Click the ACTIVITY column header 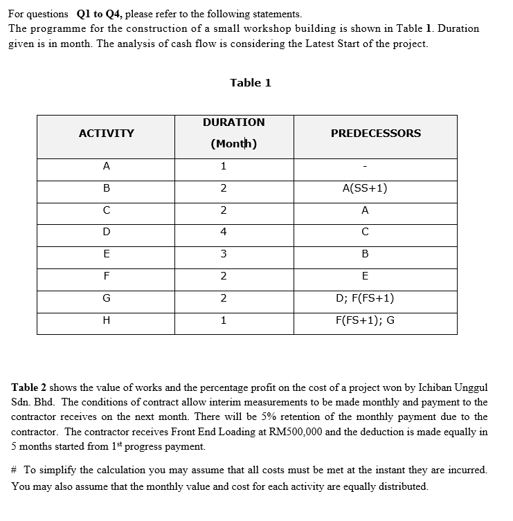106,134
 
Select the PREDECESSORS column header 375,134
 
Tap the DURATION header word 233,122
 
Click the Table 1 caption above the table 251,83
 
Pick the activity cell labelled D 106,232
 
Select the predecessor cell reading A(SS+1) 365,188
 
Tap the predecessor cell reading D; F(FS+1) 365,299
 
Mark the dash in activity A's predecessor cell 365,167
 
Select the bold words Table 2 30,387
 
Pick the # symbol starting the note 15,470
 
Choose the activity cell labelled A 106,166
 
